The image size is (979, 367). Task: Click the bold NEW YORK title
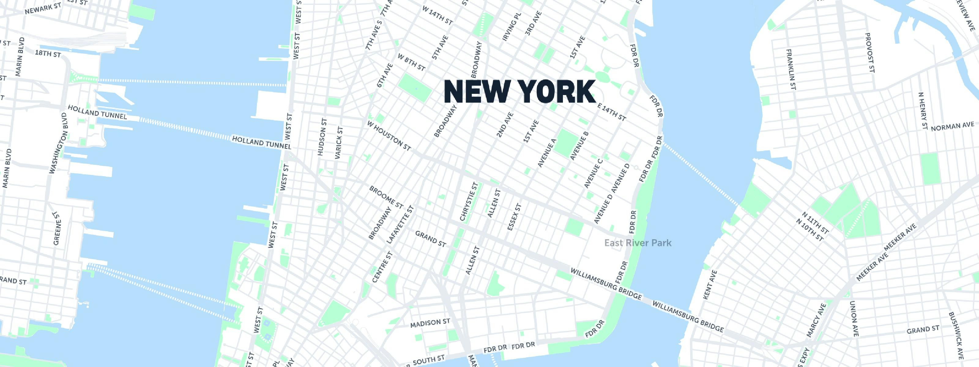(519, 91)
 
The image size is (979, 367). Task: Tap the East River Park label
(638, 243)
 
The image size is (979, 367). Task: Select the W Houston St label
(389, 135)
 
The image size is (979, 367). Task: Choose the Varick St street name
(339, 143)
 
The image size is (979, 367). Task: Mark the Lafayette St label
(400, 225)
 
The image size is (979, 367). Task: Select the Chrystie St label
(469, 201)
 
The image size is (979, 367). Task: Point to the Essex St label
(515, 217)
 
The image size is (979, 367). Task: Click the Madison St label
(430, 323)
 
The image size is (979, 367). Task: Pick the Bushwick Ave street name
(956, 335)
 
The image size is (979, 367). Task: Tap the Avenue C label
(593, 173)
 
